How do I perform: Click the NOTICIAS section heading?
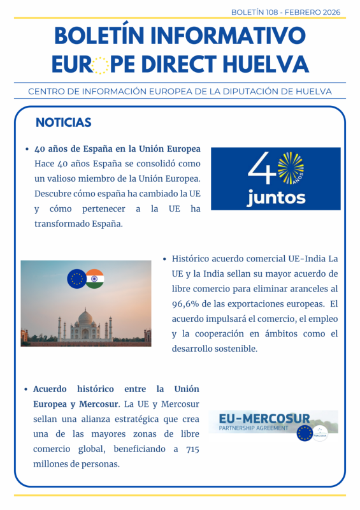coord(63,122)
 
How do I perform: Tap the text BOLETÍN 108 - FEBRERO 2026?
coord(285,12)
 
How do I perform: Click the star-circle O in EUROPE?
coord(99,64)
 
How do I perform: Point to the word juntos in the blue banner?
coord(276,198)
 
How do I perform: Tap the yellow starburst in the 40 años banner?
coord(291,166)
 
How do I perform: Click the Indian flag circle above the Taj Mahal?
coord(94,279)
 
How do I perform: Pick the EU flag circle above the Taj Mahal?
coord(77,279)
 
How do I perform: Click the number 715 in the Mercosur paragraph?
coord(191,449)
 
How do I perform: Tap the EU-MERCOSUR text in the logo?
coord(264,419)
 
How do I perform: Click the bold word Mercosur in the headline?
coord(99,404)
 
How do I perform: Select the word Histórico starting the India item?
coord(191,259)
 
